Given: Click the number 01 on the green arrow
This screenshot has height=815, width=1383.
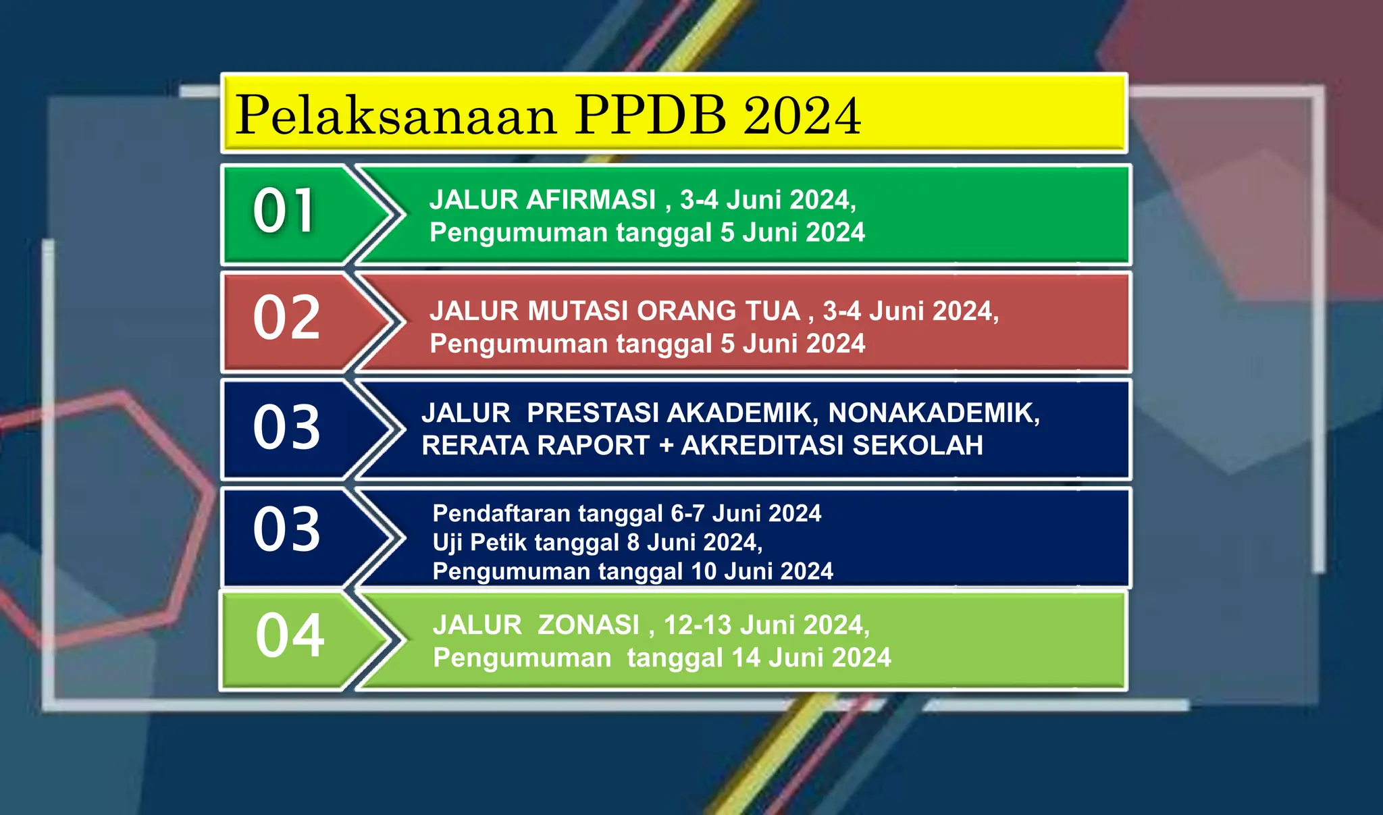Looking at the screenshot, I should tap(284, 211).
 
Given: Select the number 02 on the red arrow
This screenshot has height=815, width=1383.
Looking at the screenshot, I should tap(286, 318).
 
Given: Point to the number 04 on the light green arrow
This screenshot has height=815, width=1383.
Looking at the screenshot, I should tap(290, 636).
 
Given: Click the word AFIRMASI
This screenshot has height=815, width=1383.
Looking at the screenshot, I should tap(591, 200).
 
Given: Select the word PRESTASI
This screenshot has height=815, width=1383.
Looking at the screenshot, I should tap(592, 413).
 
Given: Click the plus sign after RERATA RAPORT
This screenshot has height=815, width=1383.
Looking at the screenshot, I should tap(665, 446).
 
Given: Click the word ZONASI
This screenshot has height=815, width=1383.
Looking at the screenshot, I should tap(588, 625).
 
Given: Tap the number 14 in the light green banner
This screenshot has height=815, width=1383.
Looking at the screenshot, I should tap(746, 658).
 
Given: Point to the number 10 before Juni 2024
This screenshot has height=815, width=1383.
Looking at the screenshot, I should tap(703, 572).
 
